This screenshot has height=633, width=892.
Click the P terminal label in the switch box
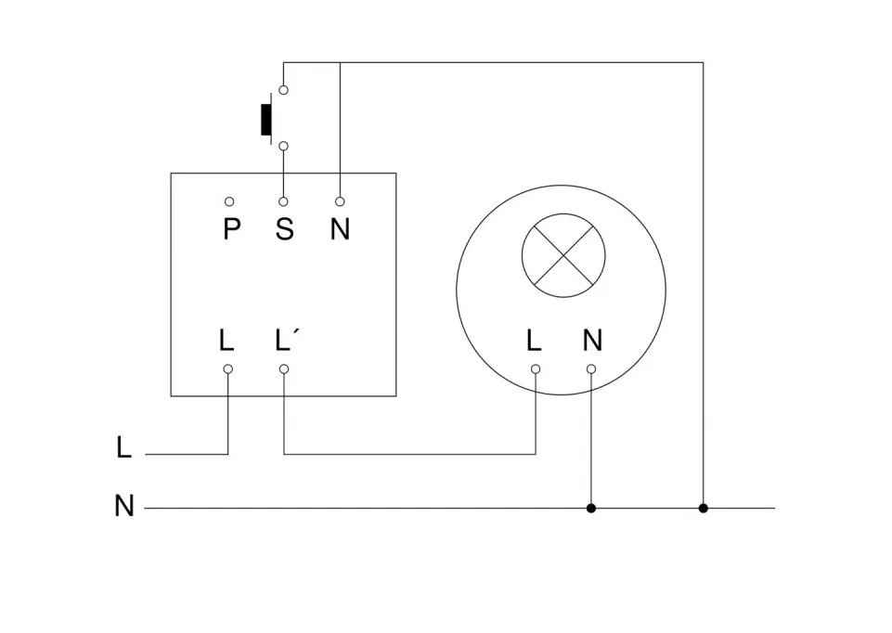[x=231, y=228]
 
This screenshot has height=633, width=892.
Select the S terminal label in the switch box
[x=284, y=228]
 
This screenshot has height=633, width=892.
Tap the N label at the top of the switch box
[x=340, y=228]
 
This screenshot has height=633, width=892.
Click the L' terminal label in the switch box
[x=288, y=340]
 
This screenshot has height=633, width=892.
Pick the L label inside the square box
[x=226, y=341]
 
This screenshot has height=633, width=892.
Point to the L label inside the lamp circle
[x=534, y=341]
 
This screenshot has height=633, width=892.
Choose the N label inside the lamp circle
[x=592, y=341]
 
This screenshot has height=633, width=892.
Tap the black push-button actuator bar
[x=266, y=119]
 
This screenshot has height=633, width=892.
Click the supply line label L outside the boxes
[x=124, y=448]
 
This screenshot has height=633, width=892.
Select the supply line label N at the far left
[x=124, y=507]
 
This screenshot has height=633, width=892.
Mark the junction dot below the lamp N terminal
[x=591, y=508]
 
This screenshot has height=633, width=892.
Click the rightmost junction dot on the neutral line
[x=703, y=508]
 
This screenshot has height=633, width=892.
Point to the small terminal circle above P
[x=228, y=201]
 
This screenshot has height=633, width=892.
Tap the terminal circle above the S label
[x=284, y=201]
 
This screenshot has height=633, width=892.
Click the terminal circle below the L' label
[x=284, y=368]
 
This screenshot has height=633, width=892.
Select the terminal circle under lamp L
[x=536, y=368]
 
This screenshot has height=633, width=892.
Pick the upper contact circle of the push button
[x=284, y=90]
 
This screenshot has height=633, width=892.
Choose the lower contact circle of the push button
[x=284, y=146]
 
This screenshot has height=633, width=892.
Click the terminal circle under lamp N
[x=591, y=368]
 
